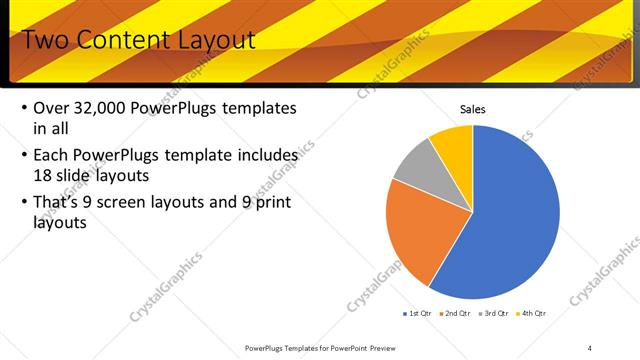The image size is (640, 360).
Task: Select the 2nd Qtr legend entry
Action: coord(455,314)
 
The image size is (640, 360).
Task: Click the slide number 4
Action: coord(590,347)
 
